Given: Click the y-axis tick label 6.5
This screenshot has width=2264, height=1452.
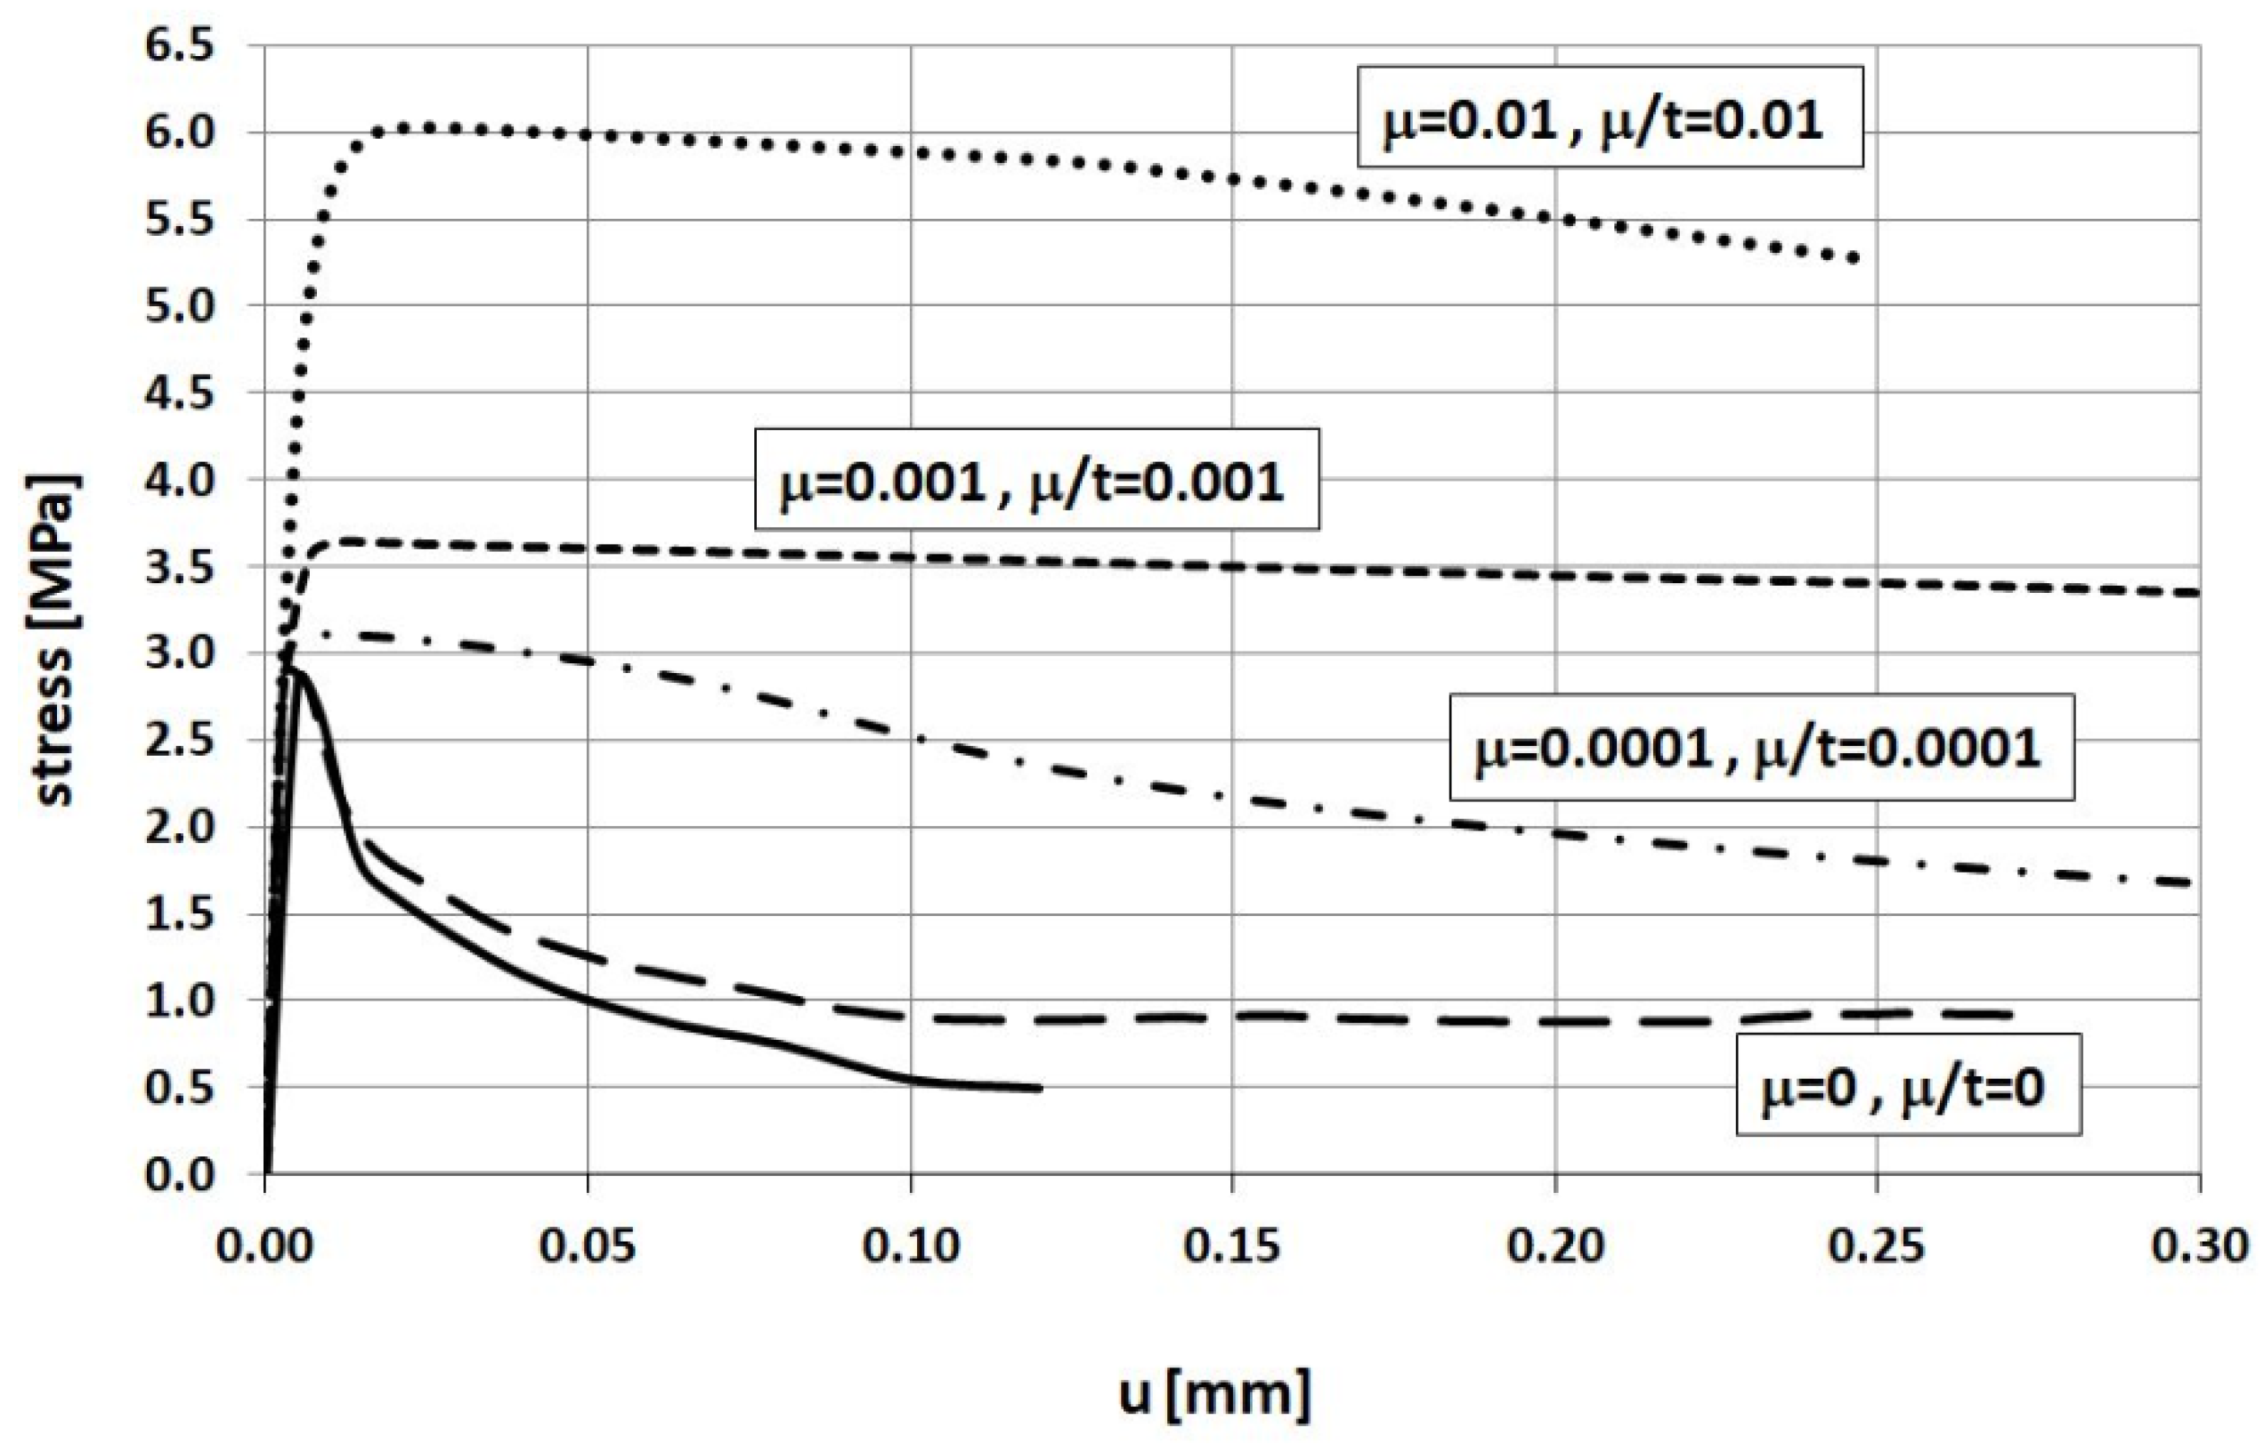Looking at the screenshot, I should [179, 45].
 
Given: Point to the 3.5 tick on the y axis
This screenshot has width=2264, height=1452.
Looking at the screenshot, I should [179, 568].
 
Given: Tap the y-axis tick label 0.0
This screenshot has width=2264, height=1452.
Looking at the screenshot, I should [179, 1175].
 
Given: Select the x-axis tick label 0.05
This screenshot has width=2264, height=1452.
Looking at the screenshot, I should [588, 1246].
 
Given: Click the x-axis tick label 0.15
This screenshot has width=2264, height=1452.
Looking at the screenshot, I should [1232, 1246].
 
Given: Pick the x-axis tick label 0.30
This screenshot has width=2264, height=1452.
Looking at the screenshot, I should [2200, 1246].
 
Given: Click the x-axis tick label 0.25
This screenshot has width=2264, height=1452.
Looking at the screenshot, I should [1878, 1246].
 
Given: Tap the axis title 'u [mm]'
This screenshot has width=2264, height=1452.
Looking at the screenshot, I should [1214, 1393].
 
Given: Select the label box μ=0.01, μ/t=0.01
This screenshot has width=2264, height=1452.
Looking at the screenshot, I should [1610, 117].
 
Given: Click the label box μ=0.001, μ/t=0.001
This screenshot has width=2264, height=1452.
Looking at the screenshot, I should [1035, 480].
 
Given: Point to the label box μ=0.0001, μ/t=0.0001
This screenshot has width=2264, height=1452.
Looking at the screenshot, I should [1760, 748].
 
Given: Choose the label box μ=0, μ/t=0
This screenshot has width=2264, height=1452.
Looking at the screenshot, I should [1908, 1085].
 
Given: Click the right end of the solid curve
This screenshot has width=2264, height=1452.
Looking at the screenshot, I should [1039, 1088].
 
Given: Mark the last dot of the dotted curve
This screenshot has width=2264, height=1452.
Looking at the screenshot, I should [1854, 258].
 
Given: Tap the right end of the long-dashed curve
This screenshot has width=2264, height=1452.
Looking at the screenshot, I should [2008, 1015].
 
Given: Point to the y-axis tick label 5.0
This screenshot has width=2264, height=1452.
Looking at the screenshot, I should [179, 305].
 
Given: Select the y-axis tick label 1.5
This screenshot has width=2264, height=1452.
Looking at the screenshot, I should [179, 914].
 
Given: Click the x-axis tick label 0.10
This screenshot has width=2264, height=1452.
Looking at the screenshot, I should [911, 1246].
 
